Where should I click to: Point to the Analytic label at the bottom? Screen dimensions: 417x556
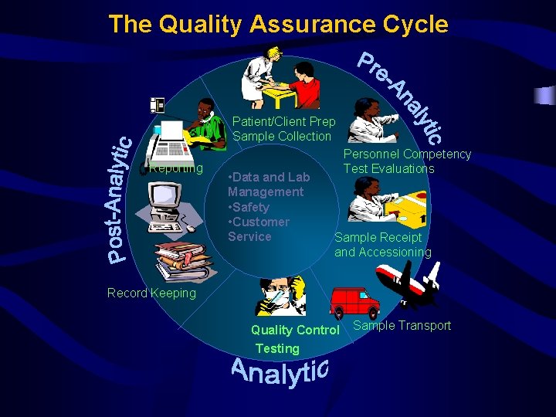point(280,372)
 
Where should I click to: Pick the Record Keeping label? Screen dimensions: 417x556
point(151,293)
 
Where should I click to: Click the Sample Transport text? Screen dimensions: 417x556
point(402,325)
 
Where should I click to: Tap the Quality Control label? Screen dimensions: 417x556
point(295,331)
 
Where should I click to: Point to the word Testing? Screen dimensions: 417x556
point(277,348)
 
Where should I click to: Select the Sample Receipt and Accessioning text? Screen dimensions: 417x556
point(382,245)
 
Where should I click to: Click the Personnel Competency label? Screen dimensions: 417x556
point(407,154)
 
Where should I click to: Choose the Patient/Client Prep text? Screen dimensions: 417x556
point(284,121)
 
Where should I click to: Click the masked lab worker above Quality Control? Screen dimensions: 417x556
point(280,297)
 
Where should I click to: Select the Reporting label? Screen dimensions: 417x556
point(176,168)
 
